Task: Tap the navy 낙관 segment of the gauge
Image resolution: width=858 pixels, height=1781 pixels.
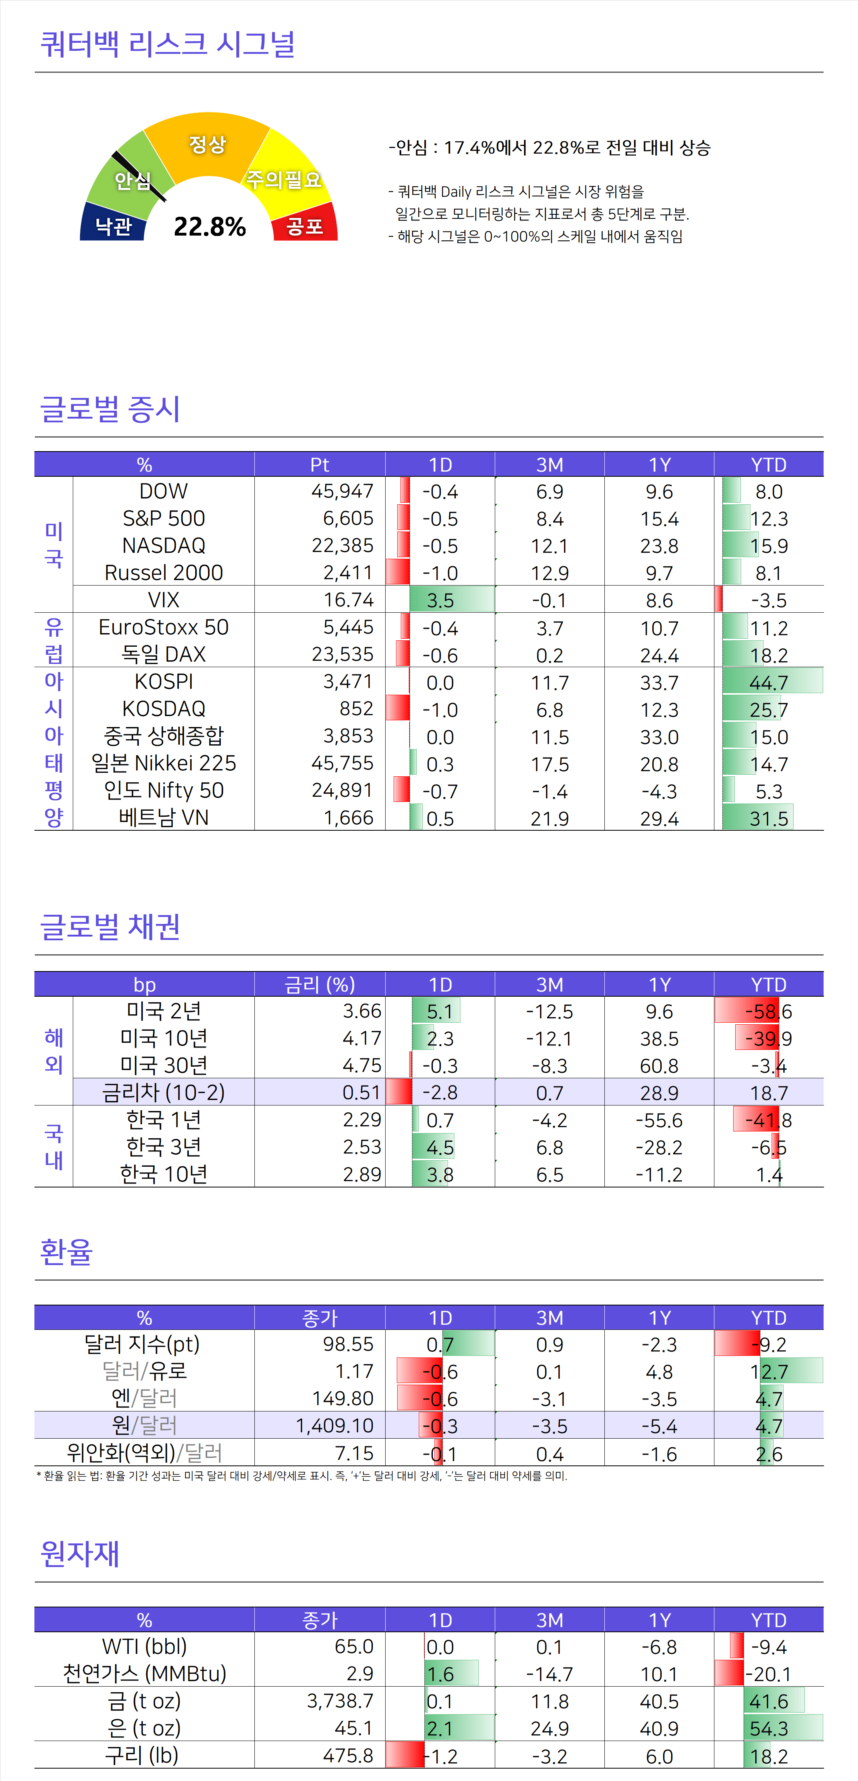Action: pos(113,225)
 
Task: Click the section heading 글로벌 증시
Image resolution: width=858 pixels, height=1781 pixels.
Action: pos(111,409)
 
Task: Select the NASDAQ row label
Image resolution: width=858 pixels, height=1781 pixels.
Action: pos(164,546)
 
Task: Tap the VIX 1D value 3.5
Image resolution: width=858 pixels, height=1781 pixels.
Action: pos(440,600)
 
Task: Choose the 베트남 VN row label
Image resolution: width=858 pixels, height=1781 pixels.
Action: pos(164,818)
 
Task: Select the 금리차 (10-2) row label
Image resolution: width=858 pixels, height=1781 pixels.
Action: pos(164,1092)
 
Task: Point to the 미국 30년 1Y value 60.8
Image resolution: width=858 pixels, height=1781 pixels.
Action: pos(659,1065)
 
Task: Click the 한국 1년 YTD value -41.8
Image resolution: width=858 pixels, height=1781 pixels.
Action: pos(769,1120)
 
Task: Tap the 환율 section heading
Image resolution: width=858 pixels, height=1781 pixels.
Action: pos(66,1251)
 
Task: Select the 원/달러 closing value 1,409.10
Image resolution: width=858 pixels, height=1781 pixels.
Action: pos(335,1425)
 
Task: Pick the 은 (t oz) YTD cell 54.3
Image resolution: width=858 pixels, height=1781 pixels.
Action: pos(769,1729)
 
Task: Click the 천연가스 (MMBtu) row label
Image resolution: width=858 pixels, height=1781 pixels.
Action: pos(144,1674)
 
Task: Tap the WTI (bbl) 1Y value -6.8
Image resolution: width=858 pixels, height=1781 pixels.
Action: pos(659,1647)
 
